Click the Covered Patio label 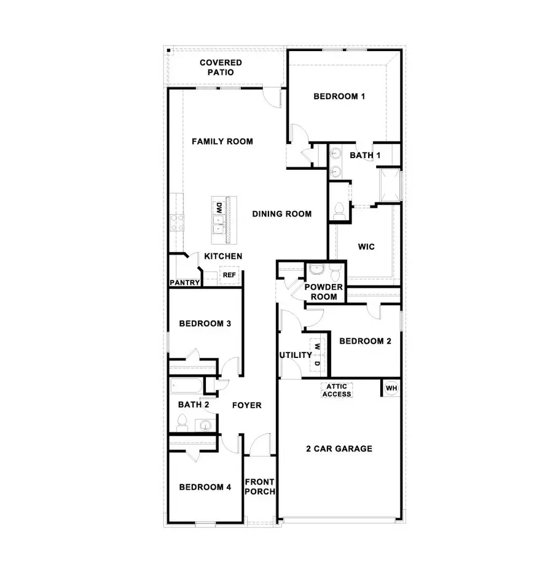coord(221,68)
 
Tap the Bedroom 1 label coord(339,96)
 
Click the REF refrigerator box coord(229,275)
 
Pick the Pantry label coord(185,283)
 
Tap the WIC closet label coord(366,247)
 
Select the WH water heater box coord(391,388)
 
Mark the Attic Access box coord(337,391)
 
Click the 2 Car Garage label coord(339,448)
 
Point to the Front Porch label coord(260,487)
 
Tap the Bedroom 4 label coord(205,487)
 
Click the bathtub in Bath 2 coord(187,387)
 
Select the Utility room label coord(296,355)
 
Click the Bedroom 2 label coord(365,341)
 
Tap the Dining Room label coord(281,214)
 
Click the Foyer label coord(246,405)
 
